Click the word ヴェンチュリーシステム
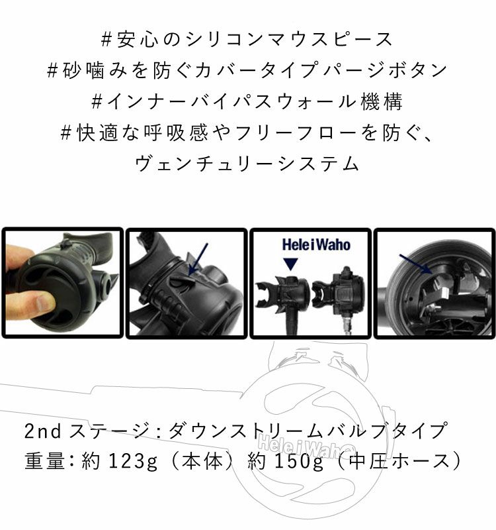click(247, 163)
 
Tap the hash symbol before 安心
click(106, 39)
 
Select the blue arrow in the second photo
click(198, 259)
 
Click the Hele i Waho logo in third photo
click(316, 244)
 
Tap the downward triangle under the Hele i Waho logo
click(290, 264)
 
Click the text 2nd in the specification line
click(43, 431)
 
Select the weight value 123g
click(134, 461)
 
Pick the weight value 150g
click(300, 461)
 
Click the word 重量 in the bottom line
click(45, 460)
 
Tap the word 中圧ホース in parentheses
click(399, 461)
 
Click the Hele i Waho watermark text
click(306, 447)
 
